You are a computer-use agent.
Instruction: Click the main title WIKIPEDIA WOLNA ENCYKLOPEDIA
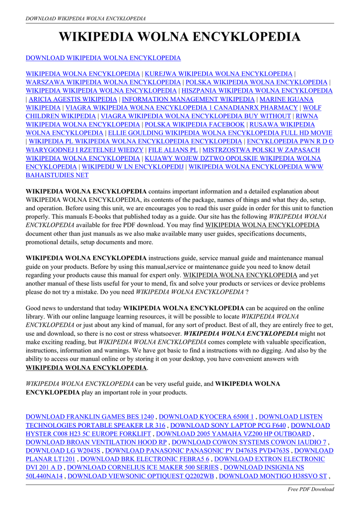pyautogui.click(x=180, y=37)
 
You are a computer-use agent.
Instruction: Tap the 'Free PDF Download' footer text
pyautogui.click(x=311, y=489)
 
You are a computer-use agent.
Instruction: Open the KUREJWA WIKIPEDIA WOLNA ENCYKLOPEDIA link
pyautogui.click(x=218, y=74)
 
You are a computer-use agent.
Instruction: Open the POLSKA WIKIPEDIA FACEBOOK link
pyautogui.click(x=195, y=125)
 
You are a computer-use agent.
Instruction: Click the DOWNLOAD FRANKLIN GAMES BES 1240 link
pyautogui.click(x=90, y=417)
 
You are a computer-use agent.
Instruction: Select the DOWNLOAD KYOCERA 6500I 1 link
pyautogui.click(x=206, y=417)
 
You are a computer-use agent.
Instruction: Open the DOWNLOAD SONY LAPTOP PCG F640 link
pyautogui.click(x=228, y=425)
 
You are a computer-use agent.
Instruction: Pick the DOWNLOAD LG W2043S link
pyautogui.click(x=63, y=450)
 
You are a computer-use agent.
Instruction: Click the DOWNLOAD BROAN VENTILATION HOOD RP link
pyautogui.click(x=96, y=442)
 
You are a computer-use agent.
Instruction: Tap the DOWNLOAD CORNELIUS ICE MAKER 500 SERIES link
pyautogui.click(x=143, y=467)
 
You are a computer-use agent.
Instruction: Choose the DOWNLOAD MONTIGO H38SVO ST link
pyautogui.click(x=273, y=476)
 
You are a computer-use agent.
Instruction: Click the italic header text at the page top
pyautogui.click(x=85, y=18)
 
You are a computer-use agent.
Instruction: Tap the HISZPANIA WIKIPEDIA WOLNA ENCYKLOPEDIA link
pyautogui.click(x=257, y=91)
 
